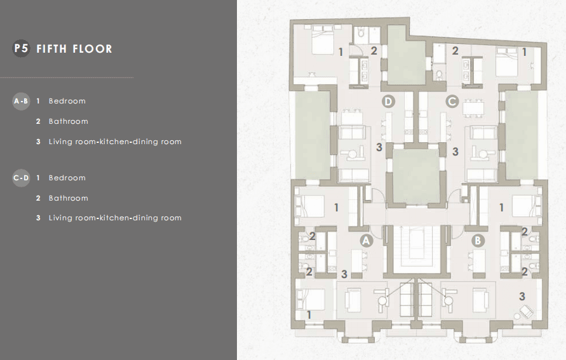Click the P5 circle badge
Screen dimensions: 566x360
click(x=22, y=48)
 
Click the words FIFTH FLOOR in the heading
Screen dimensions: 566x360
click(x=74, y=49)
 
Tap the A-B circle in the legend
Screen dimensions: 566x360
click(x=21, y=101)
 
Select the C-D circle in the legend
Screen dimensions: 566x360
click(x=21, y=178)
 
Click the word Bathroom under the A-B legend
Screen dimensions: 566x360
click(x=68, y=121)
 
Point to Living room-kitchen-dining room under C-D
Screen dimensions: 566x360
click(x=115, y=218)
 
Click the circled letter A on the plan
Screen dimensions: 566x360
click(x=366, y=241)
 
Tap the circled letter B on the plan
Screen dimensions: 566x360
click(x=478, y=241)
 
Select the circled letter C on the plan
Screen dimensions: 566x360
click(x=452, y=102)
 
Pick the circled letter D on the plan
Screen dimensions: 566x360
click(x=388, y=102)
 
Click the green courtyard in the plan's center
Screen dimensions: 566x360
click(x=416, y=176)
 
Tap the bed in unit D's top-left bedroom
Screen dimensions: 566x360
click(x=322, y=41)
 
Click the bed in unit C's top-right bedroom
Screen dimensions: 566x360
click(x=507, y=62)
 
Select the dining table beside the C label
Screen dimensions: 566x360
click(x=473, y=109)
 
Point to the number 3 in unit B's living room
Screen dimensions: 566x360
click(x=522, y=297)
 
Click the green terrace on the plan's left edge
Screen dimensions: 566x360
click(x=313, y=135)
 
